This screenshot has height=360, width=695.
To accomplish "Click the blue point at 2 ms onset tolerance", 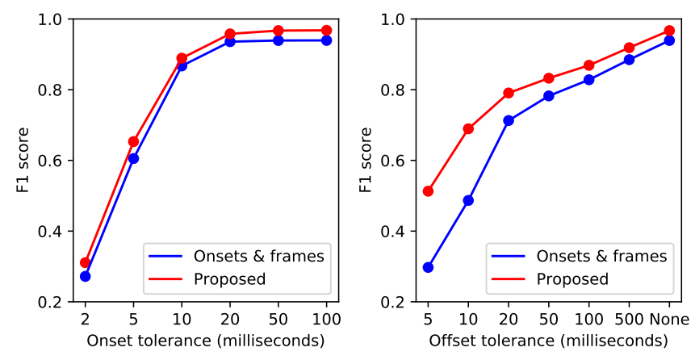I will (x=85, y=276).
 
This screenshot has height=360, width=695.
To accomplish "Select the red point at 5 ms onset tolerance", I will (x=133, y=141).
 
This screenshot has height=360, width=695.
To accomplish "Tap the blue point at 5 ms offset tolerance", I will (x=428, y=267).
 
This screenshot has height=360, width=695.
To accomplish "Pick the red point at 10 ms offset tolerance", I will (x=468, y=128).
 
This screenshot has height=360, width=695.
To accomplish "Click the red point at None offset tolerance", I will (x=669, y=31).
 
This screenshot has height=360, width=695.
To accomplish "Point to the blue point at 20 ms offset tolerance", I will (x=509, y=120).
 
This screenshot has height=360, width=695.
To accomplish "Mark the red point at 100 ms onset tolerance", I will (x=326, y=31).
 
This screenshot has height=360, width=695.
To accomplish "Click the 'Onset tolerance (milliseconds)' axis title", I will (x=205, y=341).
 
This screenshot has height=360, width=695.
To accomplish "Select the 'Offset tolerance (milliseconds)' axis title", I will (x=548, y=341).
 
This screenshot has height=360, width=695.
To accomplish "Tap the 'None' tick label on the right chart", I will (x=669, y=319).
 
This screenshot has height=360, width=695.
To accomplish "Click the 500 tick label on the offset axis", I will (x=629, y=319).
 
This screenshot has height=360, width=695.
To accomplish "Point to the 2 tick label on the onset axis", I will (x=85, y=319).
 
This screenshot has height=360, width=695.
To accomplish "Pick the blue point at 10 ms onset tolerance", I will (x=182, y=65).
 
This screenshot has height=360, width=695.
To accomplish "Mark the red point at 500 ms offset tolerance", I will (x=629, y=48).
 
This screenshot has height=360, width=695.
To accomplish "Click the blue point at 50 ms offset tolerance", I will (x=549, y=96).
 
